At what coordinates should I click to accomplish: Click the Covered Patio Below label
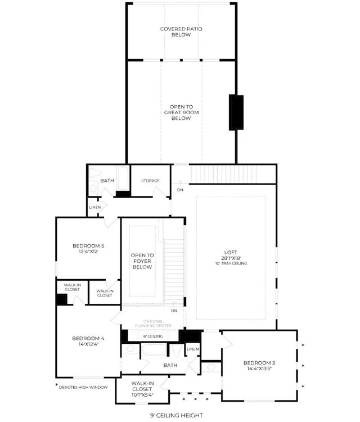pyautogui.click(x=181, y=32)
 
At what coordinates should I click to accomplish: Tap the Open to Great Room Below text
pyautogui.click(x=181, y=113)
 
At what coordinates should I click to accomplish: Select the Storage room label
pyautogui.click(x=150, y=181)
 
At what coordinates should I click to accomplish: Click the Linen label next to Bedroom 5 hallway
pyautogui.click(x=95, y=207)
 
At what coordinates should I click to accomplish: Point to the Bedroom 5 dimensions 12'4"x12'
pyautogui.click(x=88, y=252)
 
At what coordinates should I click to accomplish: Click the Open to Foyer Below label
pyautogui.click(x=142, y=261)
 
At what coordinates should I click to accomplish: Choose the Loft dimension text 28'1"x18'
pyautogui.click(x=231, y=258)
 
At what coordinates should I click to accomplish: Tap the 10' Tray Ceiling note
pyautogui.click(x=231, y=263)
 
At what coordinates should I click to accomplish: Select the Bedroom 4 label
pyautogui.click(x=88, y=338)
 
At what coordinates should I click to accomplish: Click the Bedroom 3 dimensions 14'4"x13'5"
pyautogui.click(x=259, y=369)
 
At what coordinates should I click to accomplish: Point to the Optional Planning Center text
pyautogui.click(x=153, y=324)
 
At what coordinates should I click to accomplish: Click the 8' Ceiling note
pyautogui.click(x=153, y=336)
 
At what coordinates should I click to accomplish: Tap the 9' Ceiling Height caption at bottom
pyautogui.click(x=176, y=415)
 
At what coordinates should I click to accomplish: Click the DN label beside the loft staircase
pyautogui.click(x=180, y=190)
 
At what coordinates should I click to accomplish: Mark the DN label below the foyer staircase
pyautogui.click(x=174, y=311)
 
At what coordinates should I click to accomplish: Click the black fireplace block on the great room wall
pyautogui.click(x=236, y=113)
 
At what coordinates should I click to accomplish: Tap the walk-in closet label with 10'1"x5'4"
pyautogui.click(x=142, y=389)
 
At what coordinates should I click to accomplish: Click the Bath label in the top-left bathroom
pyautogui.click(x=107, y=181)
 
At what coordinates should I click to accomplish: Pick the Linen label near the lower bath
pyautogui.click(x=192, y=349)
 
